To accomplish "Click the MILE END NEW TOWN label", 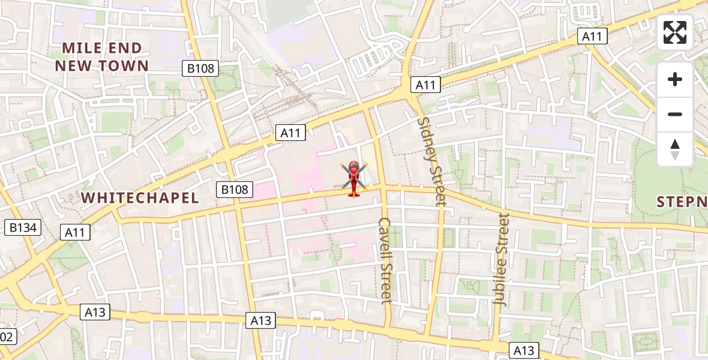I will pos(102,57).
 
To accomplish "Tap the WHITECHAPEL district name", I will pos(140,198).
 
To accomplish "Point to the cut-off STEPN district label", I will pos(682,202).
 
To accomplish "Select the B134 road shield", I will pos(23,227).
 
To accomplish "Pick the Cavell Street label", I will pos(385,260).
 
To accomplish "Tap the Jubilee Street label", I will pos(501,259).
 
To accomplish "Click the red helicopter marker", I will pos(353,178).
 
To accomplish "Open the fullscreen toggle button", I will pos(675,32).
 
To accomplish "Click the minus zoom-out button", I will pos(675,114).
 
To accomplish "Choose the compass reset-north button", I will pos(675,149).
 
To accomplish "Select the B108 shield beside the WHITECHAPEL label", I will pos(234,190).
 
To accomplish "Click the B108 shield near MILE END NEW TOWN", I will pos(200,68).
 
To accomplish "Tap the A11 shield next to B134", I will pos(76,232).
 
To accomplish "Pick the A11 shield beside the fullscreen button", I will pos(592,36).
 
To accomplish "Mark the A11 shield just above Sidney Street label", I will pos(425,85).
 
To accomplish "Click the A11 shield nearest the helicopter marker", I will pos(291,133).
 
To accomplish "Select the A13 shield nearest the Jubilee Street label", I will pos(524,350).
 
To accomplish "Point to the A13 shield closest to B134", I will pos(95,311).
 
